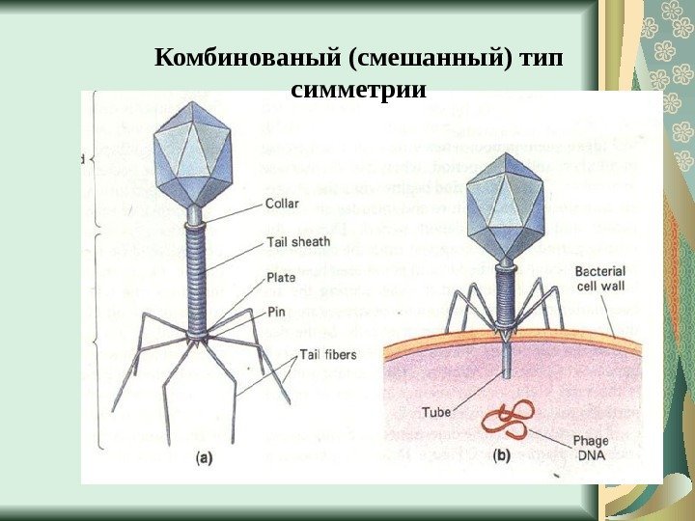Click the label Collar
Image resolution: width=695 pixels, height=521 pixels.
coord(281,204)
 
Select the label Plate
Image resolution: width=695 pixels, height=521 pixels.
coord(281,277)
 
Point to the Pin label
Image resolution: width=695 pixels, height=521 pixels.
coord(276,313)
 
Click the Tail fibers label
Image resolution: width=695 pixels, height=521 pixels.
coord(327,354)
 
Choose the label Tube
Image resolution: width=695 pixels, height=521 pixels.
coord(436,411)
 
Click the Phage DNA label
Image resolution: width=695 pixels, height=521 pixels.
coord(591,449)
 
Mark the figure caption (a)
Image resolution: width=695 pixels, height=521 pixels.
coord(205,459)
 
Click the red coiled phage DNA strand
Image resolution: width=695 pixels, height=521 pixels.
coord(508,420)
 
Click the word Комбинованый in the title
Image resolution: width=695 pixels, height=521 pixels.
coord(248,61)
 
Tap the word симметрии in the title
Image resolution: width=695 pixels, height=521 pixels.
coord(357,91)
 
